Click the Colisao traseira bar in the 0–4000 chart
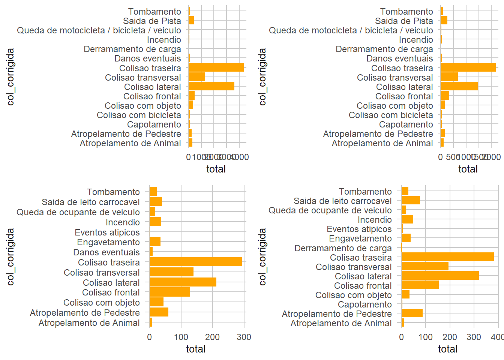(216, 68)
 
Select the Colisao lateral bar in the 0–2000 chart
(459, 87)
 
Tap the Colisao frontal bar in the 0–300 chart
(170, 292)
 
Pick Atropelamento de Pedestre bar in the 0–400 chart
(412, 313)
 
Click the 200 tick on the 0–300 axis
(213, 337)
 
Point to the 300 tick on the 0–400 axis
(474, 337)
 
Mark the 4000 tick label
(240, 157)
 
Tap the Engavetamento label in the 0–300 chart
(108, 242)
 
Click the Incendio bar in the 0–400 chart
(407, 219)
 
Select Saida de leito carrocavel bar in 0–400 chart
(411, 201)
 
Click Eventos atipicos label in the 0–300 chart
(107, 232)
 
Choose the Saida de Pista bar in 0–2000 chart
(444, 21)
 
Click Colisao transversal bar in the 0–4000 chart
(196, 77)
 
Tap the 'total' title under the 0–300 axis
(196, 349)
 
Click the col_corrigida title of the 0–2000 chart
(262, 77)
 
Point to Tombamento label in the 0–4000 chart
(154, 12)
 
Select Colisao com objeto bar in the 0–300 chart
(156, 302)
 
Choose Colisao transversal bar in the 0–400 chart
(425, 267)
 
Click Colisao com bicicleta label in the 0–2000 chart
(391, 115)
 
